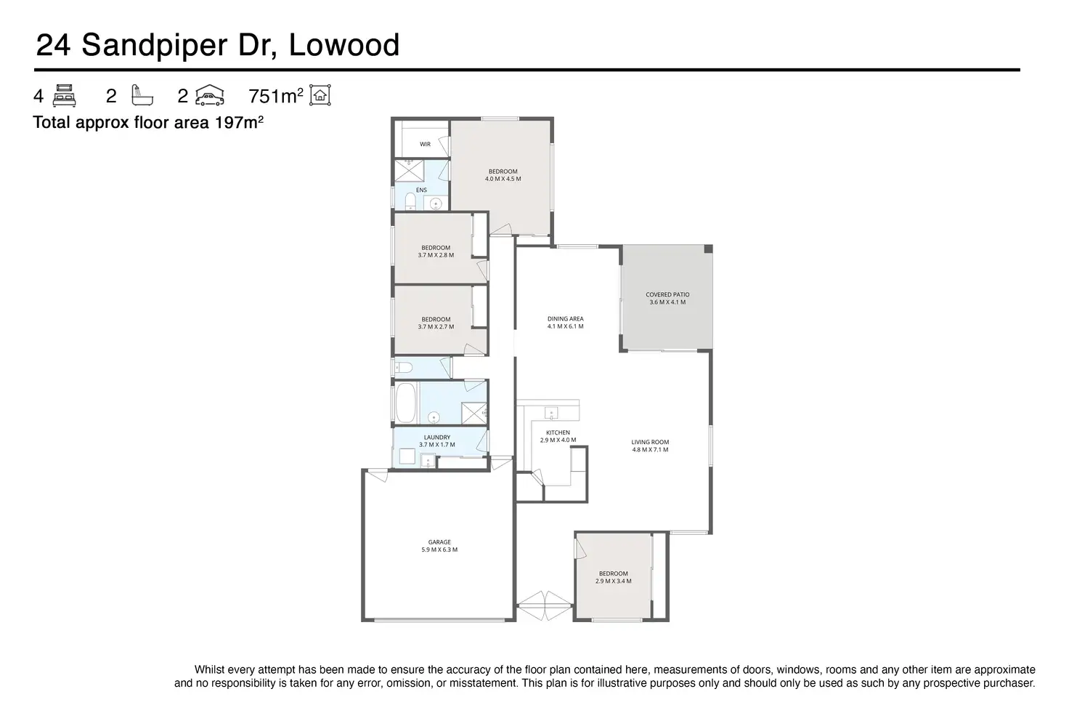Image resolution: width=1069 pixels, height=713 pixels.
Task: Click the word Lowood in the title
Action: coord(344,45)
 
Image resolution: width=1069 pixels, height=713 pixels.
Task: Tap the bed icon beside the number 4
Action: coord(65,96)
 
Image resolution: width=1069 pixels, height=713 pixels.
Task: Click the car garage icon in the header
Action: coord(210,96)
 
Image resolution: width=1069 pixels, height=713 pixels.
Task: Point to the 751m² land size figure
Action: coord(275,96)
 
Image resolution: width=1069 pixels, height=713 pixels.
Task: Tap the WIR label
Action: coord(425,145)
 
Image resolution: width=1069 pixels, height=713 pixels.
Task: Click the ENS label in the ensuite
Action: coord(421,190)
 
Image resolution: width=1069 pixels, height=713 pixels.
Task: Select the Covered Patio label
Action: coord(667,295)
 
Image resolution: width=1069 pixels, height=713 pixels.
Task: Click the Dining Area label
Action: coord(565,319)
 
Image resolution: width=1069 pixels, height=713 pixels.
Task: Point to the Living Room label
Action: coord(650,442)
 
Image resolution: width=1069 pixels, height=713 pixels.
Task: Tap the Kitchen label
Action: coord(558,433)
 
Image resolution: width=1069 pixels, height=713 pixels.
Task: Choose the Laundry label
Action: coord(437,438)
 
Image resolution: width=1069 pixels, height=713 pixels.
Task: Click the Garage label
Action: coord(439,542)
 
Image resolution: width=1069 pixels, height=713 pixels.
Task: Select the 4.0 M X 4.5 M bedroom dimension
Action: coord(503,179)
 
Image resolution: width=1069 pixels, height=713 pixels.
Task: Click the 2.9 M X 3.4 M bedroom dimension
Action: coord(613,581)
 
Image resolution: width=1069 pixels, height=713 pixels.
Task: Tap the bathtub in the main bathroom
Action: coord(406,403)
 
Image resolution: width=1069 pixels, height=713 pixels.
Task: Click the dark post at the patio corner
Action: coord(708,249)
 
